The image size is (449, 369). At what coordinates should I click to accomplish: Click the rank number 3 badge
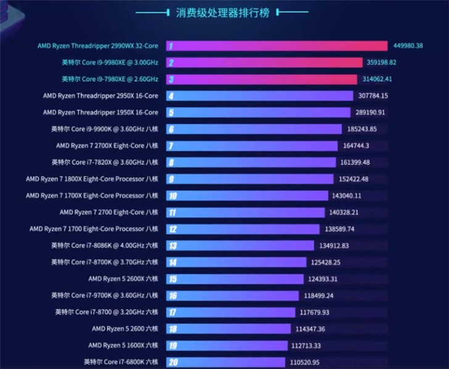coord(171,79)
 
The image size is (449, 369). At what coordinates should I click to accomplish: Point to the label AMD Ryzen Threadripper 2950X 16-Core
coord(101,96)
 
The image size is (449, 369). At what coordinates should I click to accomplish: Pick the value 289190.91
coord(368,112)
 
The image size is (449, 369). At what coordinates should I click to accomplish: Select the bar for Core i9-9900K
coord(253,129)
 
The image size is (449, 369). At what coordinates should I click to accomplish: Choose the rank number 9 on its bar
coord(171,179)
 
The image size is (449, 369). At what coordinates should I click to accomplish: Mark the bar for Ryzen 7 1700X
coord(247,196)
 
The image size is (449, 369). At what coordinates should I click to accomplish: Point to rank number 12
coord(172,229)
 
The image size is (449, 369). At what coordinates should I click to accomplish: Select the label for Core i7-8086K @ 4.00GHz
coord(105,246)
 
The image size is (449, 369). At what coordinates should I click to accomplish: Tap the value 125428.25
coord(326,262)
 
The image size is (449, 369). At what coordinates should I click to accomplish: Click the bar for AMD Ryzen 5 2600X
coord(234,279)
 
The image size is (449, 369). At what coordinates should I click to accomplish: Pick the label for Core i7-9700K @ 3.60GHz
coord(105,296)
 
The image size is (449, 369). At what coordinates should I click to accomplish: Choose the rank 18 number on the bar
coord(172,329)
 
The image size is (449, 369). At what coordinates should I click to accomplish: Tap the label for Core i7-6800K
coord(121,362)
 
